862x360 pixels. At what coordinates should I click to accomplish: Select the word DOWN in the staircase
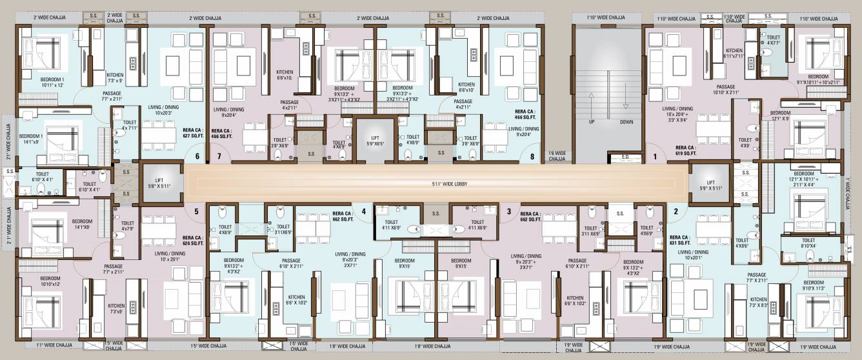coord(626,121)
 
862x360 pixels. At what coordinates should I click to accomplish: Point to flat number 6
coord(197,156)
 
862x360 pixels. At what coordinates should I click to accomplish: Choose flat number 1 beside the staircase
coord(655,156)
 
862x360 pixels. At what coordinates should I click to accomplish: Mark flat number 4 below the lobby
coord(363,211)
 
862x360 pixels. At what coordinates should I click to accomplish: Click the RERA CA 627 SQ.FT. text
coord(193,133)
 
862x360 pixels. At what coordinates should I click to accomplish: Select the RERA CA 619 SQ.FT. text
coord(686,150)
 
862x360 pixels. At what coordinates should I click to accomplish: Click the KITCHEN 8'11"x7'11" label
coord(734,53)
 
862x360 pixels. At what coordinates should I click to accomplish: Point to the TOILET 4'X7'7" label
coord(773,41)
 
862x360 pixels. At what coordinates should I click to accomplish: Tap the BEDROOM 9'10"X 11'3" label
coord(814,285)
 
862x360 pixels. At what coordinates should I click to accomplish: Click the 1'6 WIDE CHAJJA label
coord(556,155)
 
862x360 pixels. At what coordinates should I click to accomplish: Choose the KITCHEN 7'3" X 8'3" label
coord(758,302)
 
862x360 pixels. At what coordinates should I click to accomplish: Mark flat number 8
coord(532,156)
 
